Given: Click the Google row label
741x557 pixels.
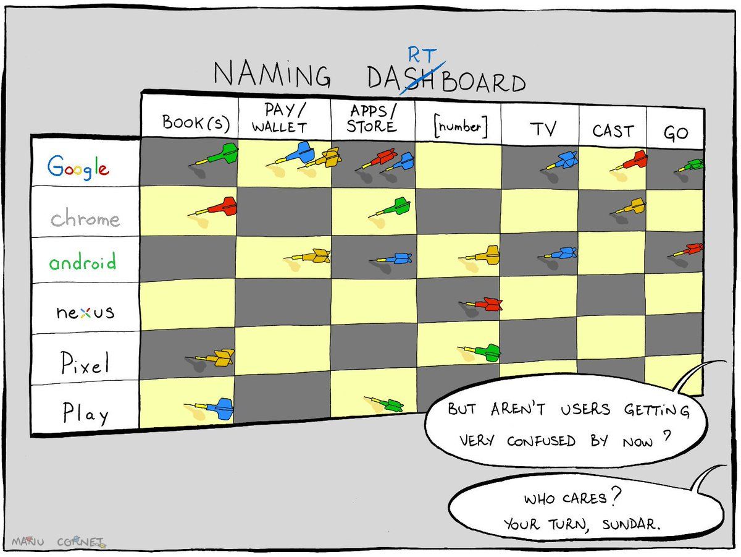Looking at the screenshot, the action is (78, 168).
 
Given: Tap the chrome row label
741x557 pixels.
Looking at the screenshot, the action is (85, 218).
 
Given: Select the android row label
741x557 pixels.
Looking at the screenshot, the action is (83, 261).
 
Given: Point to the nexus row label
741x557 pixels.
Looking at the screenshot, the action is (85, 312).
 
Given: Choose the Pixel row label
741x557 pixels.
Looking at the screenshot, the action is (85, 362).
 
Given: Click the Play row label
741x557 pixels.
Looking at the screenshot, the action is (86, 413).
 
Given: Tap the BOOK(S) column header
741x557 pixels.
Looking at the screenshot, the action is (196, 122).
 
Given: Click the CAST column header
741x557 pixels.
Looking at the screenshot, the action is (613, 131).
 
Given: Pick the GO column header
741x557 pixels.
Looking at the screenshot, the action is (676, 133).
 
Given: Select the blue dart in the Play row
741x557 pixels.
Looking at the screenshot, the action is (209, 409).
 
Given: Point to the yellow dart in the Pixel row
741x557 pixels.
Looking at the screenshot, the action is (210, 357).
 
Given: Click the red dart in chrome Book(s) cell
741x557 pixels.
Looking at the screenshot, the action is (212, 207).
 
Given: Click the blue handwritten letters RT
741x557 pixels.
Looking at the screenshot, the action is (422, 55).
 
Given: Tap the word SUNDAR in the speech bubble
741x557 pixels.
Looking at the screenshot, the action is (631, 525).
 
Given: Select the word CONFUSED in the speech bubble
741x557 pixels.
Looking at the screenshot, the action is (541, 441).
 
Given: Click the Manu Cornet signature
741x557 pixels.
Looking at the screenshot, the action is (59, 542).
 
